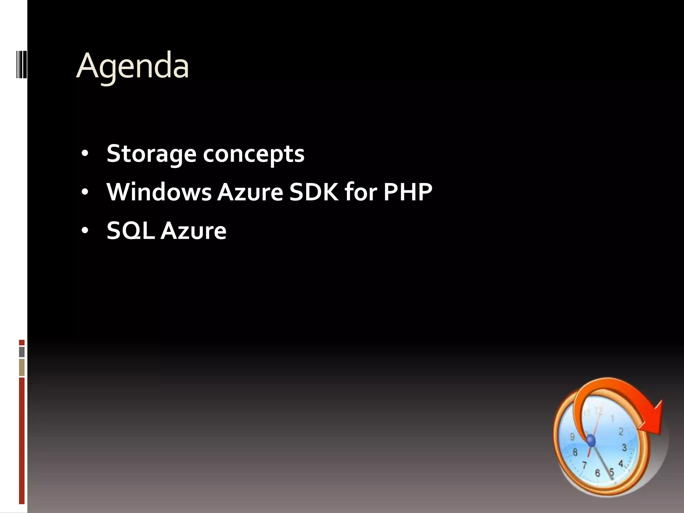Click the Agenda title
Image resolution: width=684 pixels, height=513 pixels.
click(x=133, y=66)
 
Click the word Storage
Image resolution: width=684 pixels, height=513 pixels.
click(x=151, y=154)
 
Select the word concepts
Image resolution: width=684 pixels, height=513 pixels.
click(x=253, y=154)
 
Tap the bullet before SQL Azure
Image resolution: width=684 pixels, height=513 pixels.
click(x=85, y=230)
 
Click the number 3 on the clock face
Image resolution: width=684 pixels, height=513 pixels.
click(x=624, y=448)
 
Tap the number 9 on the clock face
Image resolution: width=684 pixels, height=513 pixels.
click(x=572, y=437)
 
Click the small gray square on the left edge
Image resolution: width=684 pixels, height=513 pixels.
click(x=22, y=352)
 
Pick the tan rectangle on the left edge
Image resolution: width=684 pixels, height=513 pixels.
click(x=22, y=367)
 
